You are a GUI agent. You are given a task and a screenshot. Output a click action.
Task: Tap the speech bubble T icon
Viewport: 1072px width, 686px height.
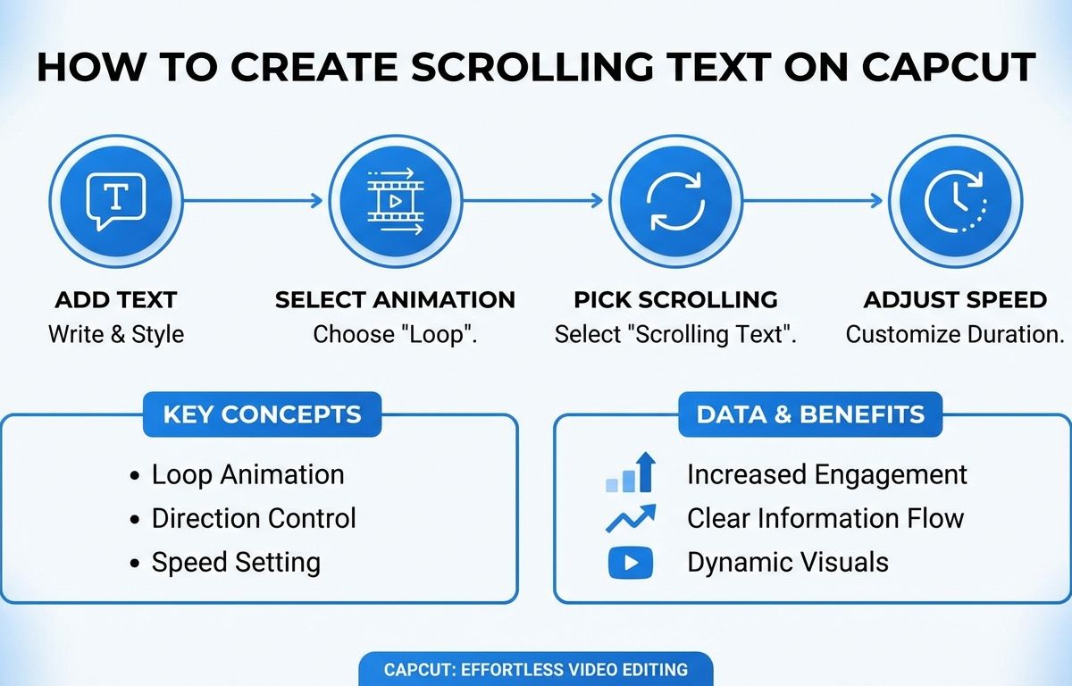[115, 202]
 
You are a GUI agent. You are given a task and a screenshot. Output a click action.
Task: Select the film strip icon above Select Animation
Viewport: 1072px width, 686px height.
[396, 201]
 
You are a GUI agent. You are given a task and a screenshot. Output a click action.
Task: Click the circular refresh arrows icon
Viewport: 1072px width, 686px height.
[675, 201]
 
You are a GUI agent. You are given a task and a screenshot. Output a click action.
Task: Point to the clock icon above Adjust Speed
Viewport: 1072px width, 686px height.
[955, 201]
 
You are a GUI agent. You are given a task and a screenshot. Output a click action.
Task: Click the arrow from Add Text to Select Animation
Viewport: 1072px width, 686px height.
[253, 201]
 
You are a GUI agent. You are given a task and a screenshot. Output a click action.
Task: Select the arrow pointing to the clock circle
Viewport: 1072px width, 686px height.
[813, 201]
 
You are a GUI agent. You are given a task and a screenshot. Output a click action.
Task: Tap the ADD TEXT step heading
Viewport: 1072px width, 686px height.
[116, 300]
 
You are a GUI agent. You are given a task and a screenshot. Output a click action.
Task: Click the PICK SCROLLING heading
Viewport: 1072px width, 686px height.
[675, 300]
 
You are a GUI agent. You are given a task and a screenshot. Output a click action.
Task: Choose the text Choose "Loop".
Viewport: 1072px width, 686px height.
[395, 334]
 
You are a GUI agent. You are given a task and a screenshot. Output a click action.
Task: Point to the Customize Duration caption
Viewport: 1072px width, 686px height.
[955, 334]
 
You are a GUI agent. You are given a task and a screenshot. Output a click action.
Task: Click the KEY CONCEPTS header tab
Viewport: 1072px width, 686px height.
[263, 414]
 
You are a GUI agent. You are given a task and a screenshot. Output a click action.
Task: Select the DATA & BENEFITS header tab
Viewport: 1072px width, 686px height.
[810, 414]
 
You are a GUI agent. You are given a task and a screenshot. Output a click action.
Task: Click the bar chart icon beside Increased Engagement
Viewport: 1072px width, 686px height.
[631, 473]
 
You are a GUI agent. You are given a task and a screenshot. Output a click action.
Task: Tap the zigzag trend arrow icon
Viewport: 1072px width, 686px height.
[631, 518]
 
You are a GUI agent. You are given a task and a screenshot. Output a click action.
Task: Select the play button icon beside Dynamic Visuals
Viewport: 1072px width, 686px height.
[631, 563]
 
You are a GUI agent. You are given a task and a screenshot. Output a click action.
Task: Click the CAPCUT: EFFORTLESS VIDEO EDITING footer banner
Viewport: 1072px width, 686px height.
[535, 669]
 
